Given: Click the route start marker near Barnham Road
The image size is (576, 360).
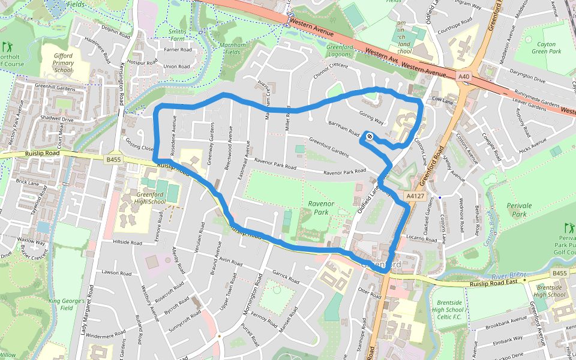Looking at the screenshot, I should tap(370, 136).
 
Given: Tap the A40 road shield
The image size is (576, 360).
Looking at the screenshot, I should tap(463, 77).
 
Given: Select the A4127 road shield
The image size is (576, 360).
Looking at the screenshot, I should tap(415, 196).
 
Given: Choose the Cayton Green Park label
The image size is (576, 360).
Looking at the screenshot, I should tap(546, 49).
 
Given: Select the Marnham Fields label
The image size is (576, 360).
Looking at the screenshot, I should tap(229, 49).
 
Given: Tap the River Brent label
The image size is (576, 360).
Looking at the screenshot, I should tap(508, 276).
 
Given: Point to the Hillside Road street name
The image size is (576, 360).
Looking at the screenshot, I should tap(127, 244).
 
